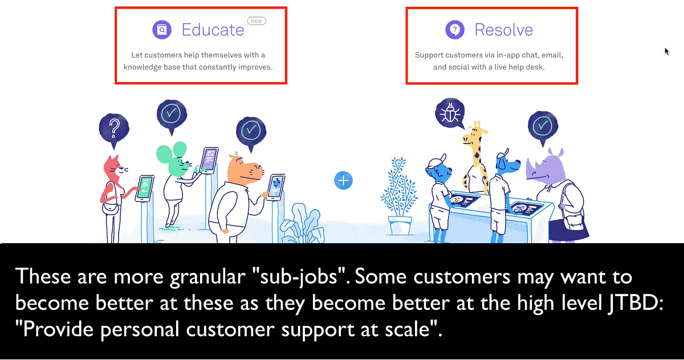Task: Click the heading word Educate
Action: [213, 30]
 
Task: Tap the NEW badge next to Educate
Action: [257, 21]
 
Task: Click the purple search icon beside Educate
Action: [162, 30]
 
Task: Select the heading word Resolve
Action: [503, 30]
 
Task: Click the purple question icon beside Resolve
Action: [455, 30]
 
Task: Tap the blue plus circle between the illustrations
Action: [343, 181]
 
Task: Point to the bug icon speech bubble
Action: [450, 112]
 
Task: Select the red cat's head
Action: [114, 166]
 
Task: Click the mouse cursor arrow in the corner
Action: [666, 51]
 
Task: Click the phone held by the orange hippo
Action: [276, 186]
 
